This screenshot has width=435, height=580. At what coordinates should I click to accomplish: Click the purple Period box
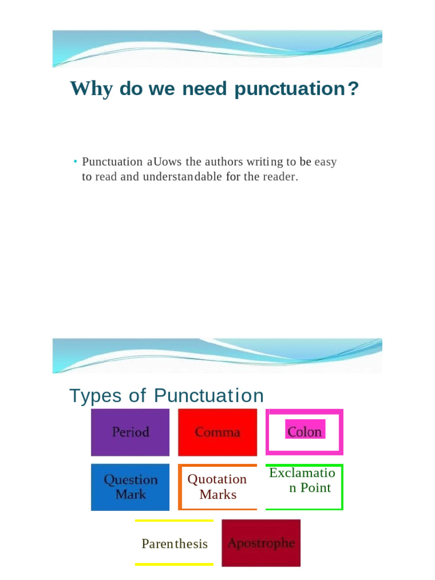coord(130,432)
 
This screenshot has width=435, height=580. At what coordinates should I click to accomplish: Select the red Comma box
coord(217,432)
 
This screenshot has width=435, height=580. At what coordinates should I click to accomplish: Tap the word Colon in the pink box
coord(305,432)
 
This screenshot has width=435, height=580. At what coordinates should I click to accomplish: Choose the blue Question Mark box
coord(130,487)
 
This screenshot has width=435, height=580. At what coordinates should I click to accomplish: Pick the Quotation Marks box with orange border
coord(217,487)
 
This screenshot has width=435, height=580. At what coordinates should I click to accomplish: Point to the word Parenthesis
coord(174,544)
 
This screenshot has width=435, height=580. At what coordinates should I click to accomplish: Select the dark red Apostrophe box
coord(261,543)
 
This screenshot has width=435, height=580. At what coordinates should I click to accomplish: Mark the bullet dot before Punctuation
coord(75,162)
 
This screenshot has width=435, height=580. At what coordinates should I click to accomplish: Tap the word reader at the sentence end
coord(279,176)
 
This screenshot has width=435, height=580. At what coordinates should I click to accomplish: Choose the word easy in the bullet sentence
coord(326,162)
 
